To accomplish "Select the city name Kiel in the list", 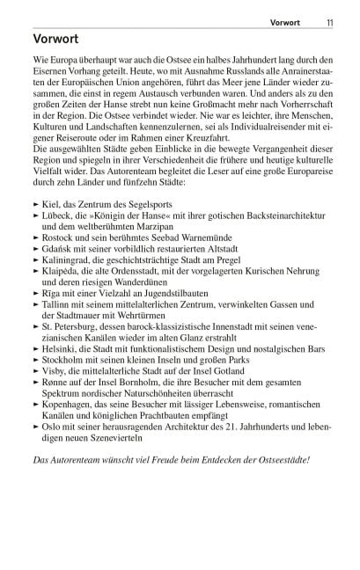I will (x=51, y=203).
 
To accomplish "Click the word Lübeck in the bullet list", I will (x=57, y=216).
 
